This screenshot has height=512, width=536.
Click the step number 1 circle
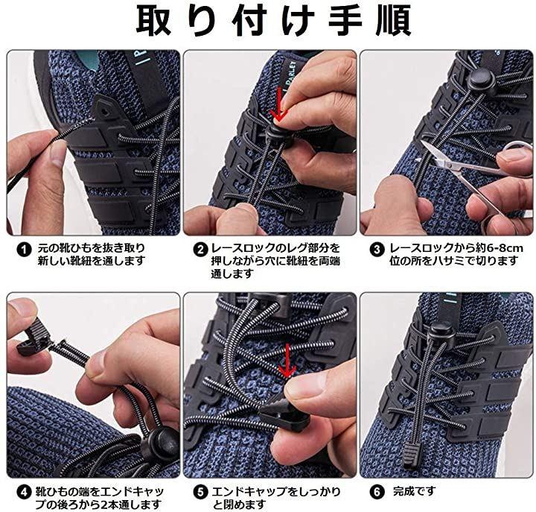(24, 250)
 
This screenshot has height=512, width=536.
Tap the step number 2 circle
(201, 250)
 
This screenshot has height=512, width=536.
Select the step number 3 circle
(377, 250)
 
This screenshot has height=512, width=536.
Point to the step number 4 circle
(24, 493)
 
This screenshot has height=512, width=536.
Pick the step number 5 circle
(201, 493)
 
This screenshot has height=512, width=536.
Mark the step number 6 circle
(377, 492)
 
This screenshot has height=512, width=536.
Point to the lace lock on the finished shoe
(441, 332)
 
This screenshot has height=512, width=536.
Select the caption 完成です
(415, 491)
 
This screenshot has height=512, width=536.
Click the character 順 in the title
(394, 20)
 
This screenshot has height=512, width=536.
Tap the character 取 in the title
(153, 20)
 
